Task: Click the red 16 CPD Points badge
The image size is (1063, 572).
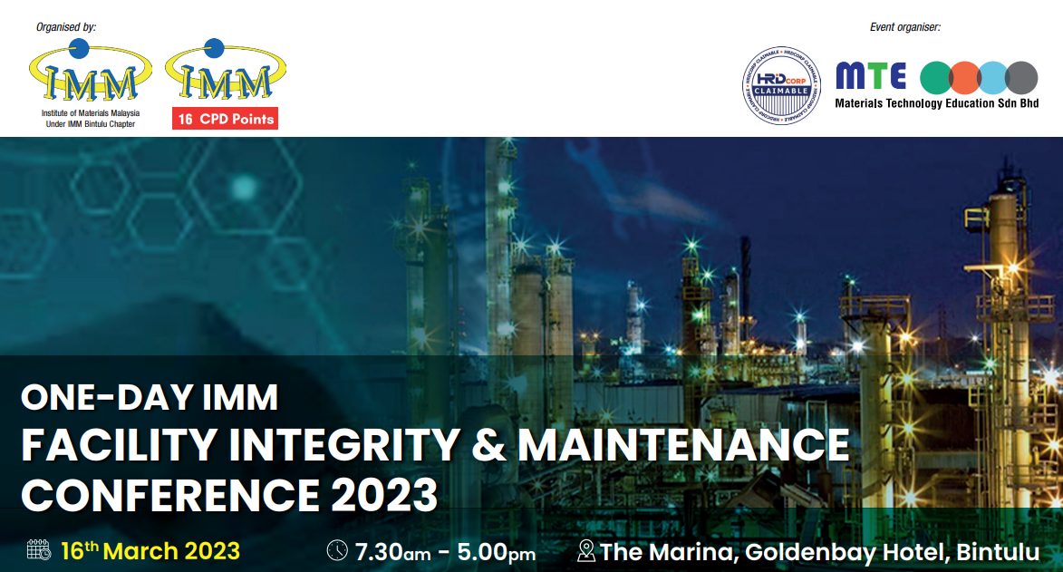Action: point(225,119)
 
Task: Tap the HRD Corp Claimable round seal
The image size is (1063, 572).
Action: point(781,86)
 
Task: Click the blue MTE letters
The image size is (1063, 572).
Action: point(871,76)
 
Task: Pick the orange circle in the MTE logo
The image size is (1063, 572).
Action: point(965,78)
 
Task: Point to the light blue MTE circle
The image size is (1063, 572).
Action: point(992,78)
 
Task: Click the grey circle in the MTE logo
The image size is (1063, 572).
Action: point(1021,78)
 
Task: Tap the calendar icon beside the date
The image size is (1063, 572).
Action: point(39,550)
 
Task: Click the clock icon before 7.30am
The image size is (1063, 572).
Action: point(337,550)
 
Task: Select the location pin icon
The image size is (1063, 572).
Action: point(585,551)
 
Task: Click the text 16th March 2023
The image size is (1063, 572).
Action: point(150,551)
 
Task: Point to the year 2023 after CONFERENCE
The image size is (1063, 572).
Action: point(384,495)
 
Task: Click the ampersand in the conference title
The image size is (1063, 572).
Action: point(488,445)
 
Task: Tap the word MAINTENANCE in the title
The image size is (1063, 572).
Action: point(683,445)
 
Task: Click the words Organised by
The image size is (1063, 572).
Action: point(66,27)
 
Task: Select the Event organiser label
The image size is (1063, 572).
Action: point(905,27)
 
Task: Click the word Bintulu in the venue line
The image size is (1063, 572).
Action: point(998,552)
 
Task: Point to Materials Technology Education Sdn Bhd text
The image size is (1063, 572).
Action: point(937,103)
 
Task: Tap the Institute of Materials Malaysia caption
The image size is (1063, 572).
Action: point(91,113)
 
